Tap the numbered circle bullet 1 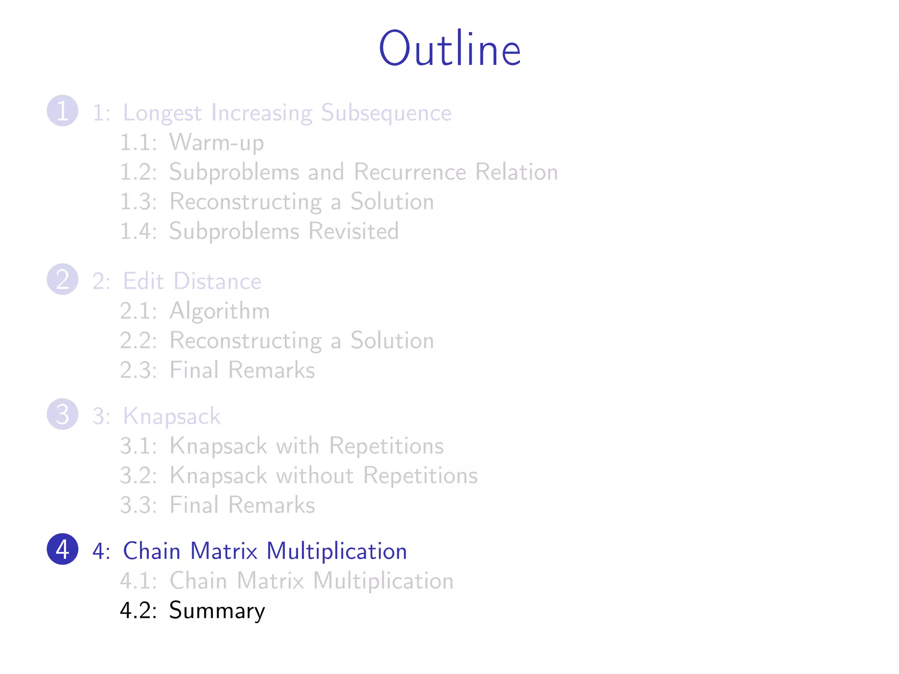tap(63, 111)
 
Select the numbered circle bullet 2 tap(63, 279)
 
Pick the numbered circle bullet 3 tap(63, 414)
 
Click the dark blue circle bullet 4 tap(63, 549)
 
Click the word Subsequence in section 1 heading tap(386, 113)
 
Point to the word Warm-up tap(217, 143)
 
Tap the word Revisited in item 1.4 tap(353, 231)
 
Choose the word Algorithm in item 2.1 tap(219, 312)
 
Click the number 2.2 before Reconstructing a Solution tap(138, 341)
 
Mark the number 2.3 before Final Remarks tap(138, 370)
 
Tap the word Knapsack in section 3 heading tap(171, 416)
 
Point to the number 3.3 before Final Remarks tap(138, 505)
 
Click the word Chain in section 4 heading tap(151, 551)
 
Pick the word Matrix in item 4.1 tap(270, 581)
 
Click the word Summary tap(217, 611)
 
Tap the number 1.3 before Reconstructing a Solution tap(138, 202)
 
